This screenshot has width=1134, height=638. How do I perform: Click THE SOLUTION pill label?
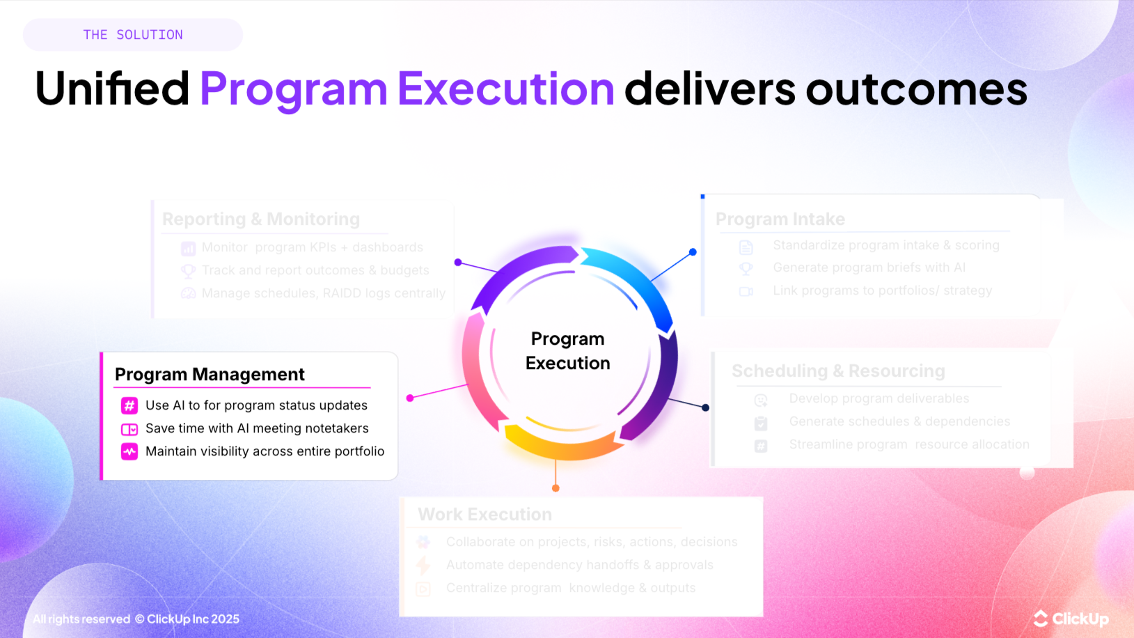pyautogui.click(x=133, y=35)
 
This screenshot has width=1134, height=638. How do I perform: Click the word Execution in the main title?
pyautogui.click(x=505, y=89)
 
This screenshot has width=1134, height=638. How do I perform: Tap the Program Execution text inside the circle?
pyautogui.click(x=567, y=351)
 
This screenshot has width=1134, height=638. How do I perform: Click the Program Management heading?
pyautogui.click(x=210, y=375)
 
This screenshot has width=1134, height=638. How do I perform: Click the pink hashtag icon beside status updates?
pyautogui.click(x=129, y=405)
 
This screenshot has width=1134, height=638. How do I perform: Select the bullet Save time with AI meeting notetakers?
pyautogui.click(x=257, y=428)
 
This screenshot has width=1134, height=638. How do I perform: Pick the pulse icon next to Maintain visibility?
pyautogui.click(x=129, y=451)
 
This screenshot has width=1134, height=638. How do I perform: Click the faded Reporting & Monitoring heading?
pyautogui.click(x=261, y=219)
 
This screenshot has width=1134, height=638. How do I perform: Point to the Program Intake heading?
pyautogui.click(x=780, y=219)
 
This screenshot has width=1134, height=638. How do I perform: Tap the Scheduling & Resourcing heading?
pyautogui.click(x=838, y=371)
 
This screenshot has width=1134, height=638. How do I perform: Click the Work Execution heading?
pyautogui.click(x=485, y=515)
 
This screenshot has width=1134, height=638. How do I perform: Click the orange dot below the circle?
pyautogui.click(x=556, y=488)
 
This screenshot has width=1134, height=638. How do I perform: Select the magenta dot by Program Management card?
pyautogui.click(x=410, y=398)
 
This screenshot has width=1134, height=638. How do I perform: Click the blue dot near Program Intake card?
pyautogui.click(x=693, y=252)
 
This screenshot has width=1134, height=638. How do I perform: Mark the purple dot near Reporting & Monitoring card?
pyautogui.click(x=458, y=263)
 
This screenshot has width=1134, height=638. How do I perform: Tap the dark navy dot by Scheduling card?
pyautogui.click(x=705, y=407)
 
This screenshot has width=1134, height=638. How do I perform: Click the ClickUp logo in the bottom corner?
pyautogui.click(x=1071, y=618)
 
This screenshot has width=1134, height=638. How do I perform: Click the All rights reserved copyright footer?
pyautogui.click(x=136, y=619)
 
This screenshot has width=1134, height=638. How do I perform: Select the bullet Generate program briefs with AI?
pyautogui.click(x=869, y=267)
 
